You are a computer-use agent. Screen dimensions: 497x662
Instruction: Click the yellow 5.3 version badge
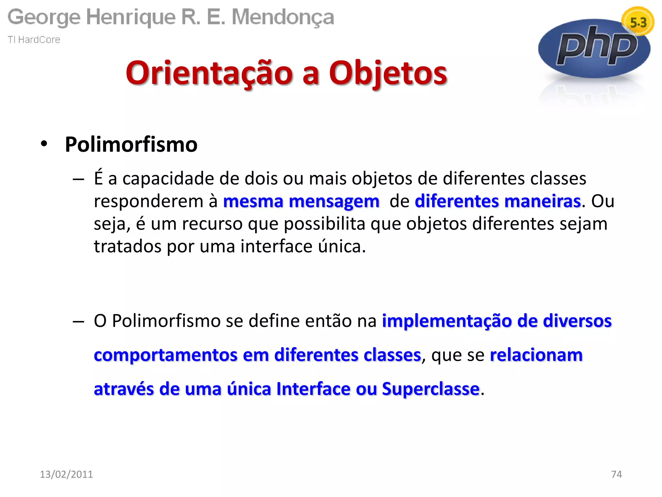click(x=638, y=22)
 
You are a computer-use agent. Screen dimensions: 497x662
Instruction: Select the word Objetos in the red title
click(x=388, y=73)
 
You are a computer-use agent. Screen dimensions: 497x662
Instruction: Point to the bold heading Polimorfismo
click(x=131, y=144)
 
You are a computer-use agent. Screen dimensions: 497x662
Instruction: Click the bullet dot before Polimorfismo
click(x=44, y=144)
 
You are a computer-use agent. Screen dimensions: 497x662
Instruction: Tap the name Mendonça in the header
click(x=283, y=17)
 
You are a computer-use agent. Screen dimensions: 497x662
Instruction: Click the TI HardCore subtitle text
click(x=34, y=40)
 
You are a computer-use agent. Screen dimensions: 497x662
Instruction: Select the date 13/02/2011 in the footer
click(x=66, y=474)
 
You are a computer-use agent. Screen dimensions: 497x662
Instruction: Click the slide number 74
click(x=616, y=474)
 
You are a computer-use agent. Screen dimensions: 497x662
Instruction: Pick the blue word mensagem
click(x=334, y=202)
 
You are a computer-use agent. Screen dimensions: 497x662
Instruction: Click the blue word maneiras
click(x=542, y=201)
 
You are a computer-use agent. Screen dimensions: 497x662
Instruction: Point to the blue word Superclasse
click(x=431, y=389)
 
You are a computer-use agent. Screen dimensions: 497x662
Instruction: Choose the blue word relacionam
click(x=536, y=355)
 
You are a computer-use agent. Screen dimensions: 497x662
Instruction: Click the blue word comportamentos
click(x=165, y=355)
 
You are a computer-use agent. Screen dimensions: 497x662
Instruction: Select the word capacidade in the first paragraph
click(x=168, y=179)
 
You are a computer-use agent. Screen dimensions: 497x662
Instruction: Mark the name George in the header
click(x=44, y=17)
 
